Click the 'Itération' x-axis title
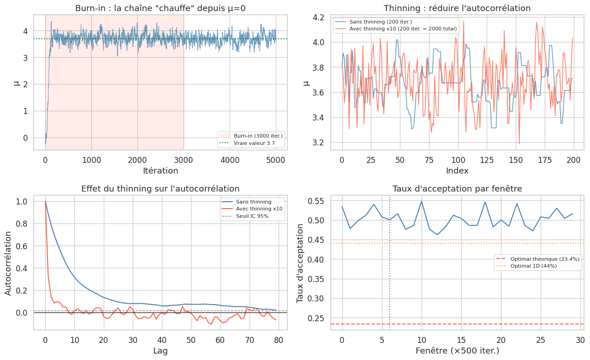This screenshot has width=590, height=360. click(x=160, y=171)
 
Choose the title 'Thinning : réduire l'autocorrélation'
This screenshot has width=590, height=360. click(x=457, y=8)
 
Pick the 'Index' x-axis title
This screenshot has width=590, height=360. click(x=457, y=171)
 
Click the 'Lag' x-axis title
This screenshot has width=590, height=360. click(x=160, y=351)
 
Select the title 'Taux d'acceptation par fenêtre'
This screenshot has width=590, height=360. click(x=457, y=188)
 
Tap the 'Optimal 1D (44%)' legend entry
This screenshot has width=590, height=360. click(x=533, y=266)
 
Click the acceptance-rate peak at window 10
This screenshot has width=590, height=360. click(x=421, y=201)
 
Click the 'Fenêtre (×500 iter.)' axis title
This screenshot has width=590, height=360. click(x=457, y=351)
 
